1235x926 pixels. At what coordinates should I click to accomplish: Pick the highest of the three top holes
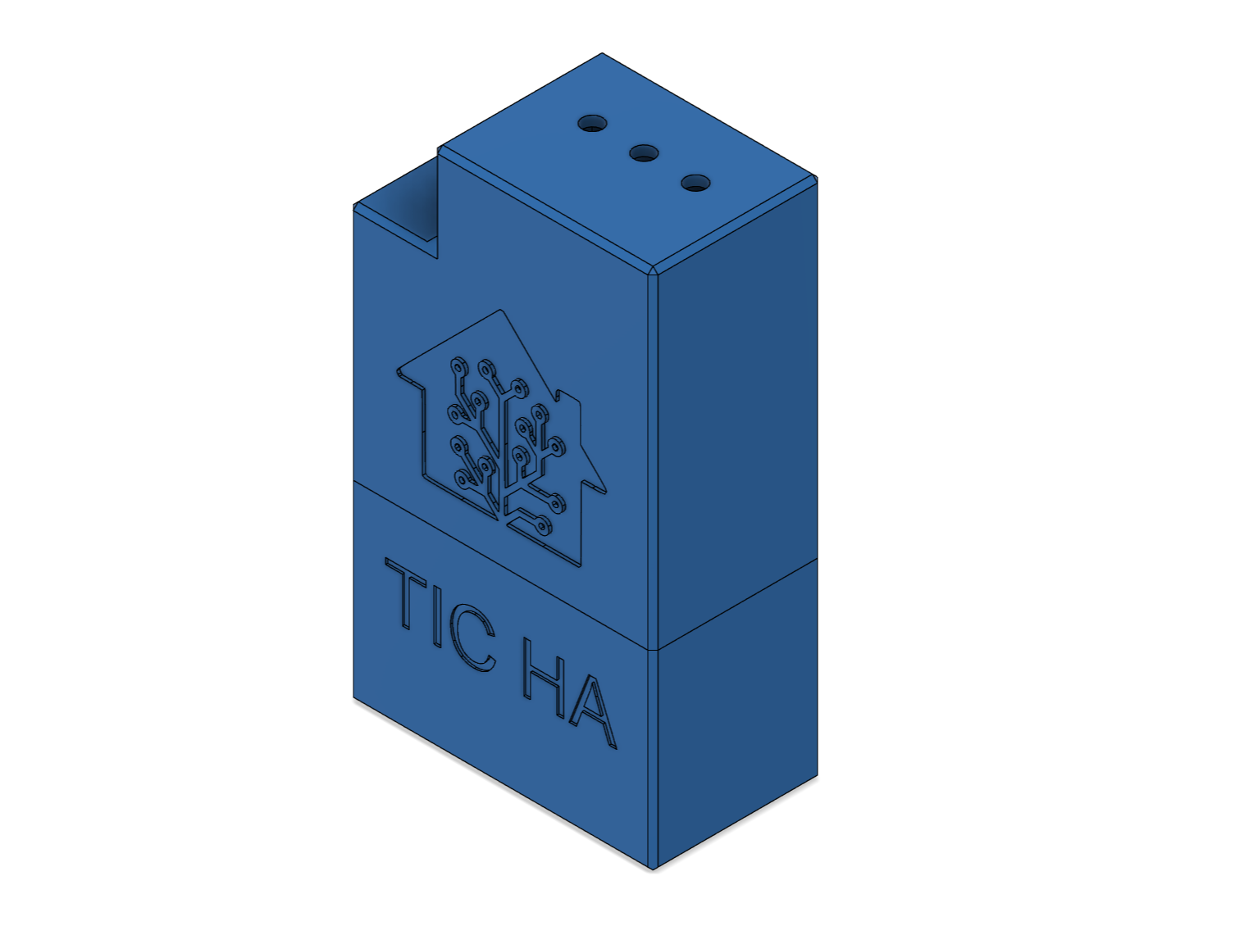[592, 123]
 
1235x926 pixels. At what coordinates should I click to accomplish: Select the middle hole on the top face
[645, 153]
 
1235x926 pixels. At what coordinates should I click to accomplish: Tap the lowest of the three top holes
[695, 183]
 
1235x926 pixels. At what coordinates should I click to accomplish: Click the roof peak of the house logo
[499, 311]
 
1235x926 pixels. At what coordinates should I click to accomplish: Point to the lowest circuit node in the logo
[544, 526]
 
